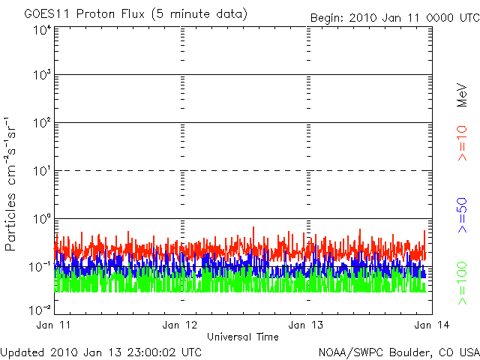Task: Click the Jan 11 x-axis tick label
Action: (55, 325)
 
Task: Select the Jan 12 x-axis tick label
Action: (180, 325)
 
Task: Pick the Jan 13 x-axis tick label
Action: (307, 325)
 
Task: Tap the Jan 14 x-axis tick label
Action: (430, 325)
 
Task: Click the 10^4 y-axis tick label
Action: (41, 30)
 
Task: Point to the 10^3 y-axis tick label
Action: (41, 76)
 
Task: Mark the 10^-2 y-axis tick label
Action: (40, 310)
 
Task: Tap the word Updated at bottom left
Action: (24, 351)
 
